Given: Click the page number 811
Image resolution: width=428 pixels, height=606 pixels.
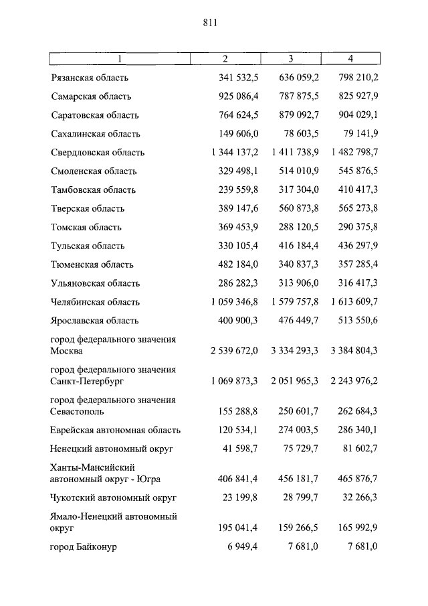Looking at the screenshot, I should [x=210, y=23].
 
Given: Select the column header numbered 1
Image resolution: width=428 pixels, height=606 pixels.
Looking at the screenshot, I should [x=120, y=59].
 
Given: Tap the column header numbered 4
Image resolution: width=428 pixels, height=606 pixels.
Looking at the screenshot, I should [x=351, y=59].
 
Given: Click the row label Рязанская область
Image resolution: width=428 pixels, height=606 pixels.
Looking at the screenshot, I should [x=89, y=78].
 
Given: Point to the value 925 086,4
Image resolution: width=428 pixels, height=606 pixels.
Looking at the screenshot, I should [x=238, y=96].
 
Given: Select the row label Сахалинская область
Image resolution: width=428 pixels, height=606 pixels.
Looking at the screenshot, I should [x=93, y=134].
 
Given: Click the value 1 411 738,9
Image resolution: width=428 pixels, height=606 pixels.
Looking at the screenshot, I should [x=295, y=153].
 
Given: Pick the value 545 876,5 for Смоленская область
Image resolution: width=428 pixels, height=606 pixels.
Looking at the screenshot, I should [x=354, y=171].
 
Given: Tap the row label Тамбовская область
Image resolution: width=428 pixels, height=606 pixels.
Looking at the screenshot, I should [x=93, y=190].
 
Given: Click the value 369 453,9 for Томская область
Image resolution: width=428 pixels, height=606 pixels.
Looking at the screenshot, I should [x=238, y=227].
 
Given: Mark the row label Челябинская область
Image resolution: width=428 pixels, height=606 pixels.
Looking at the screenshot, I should [x=95, y=302].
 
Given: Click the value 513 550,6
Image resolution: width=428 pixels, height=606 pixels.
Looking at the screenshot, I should [x=354, y=321].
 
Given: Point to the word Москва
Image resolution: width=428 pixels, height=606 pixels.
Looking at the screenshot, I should [x=66, y=350].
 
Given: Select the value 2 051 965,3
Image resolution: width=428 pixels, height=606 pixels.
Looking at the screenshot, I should [x=295, y=380].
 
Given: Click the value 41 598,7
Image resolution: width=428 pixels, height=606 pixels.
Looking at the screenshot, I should [x=241, y=449].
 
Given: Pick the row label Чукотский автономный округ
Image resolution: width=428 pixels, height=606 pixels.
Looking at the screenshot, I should [x=113, y=498].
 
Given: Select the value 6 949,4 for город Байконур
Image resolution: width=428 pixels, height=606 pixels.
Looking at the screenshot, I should [x=243, y=547].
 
